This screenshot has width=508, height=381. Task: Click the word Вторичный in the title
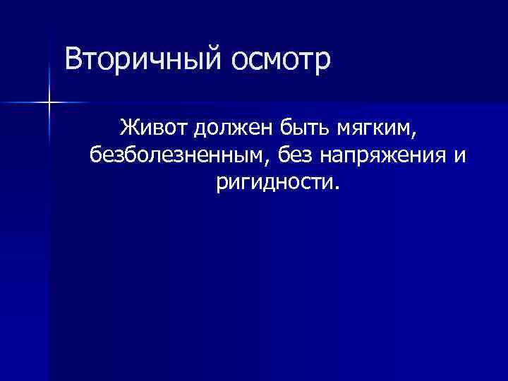pos(141,59)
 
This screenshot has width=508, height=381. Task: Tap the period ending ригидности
pos(337,188)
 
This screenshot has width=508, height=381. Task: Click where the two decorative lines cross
pos(49,103)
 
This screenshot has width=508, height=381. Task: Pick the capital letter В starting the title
pos(73,59)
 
